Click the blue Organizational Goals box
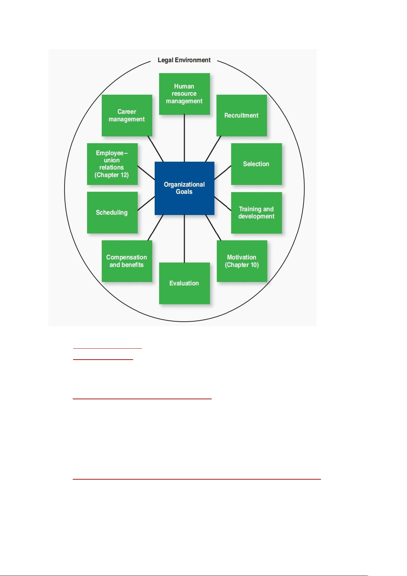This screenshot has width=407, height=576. pyautogui.click(x=184, y=188)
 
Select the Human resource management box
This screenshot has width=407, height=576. pyautogui.click(x=184, y=94)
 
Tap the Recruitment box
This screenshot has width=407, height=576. pyautogui.click(x=242, y=116)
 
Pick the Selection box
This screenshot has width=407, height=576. pyautogui.click(x=256, y=164)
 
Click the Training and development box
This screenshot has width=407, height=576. pyautogui.click(x=256, y=213)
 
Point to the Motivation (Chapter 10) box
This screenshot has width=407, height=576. pyautogui.click(x=242, y=261)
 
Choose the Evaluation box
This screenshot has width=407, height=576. pyautogui.click(x=184, y=283)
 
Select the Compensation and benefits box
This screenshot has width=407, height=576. pyautogui.click(x=127, y=261)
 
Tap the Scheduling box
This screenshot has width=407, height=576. pyautogui.click(x=112, y=213)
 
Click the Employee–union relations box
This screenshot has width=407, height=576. pyautogui.click(x=112, y=164)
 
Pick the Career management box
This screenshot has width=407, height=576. pyautogui.click(x=127, y=116)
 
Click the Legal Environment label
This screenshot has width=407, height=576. pyautogui.click(x=184, y=60)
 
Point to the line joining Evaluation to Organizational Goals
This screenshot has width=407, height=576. pyautogui.click(x=184, y=239)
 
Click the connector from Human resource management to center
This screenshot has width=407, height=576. pyautogui.click(x=184, y=138)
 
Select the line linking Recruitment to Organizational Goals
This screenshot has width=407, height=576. pyautogui.click(x=213, y=149)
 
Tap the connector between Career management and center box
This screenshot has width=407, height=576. pyautogui.click(x=155, y=149)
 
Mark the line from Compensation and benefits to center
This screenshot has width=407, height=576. pyautogui.click(x=155, y=228)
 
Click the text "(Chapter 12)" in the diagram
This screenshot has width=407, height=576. pyautogui.click(x=112, y=175)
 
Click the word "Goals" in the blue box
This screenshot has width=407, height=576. pyautogui.click(x=184, y=191)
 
